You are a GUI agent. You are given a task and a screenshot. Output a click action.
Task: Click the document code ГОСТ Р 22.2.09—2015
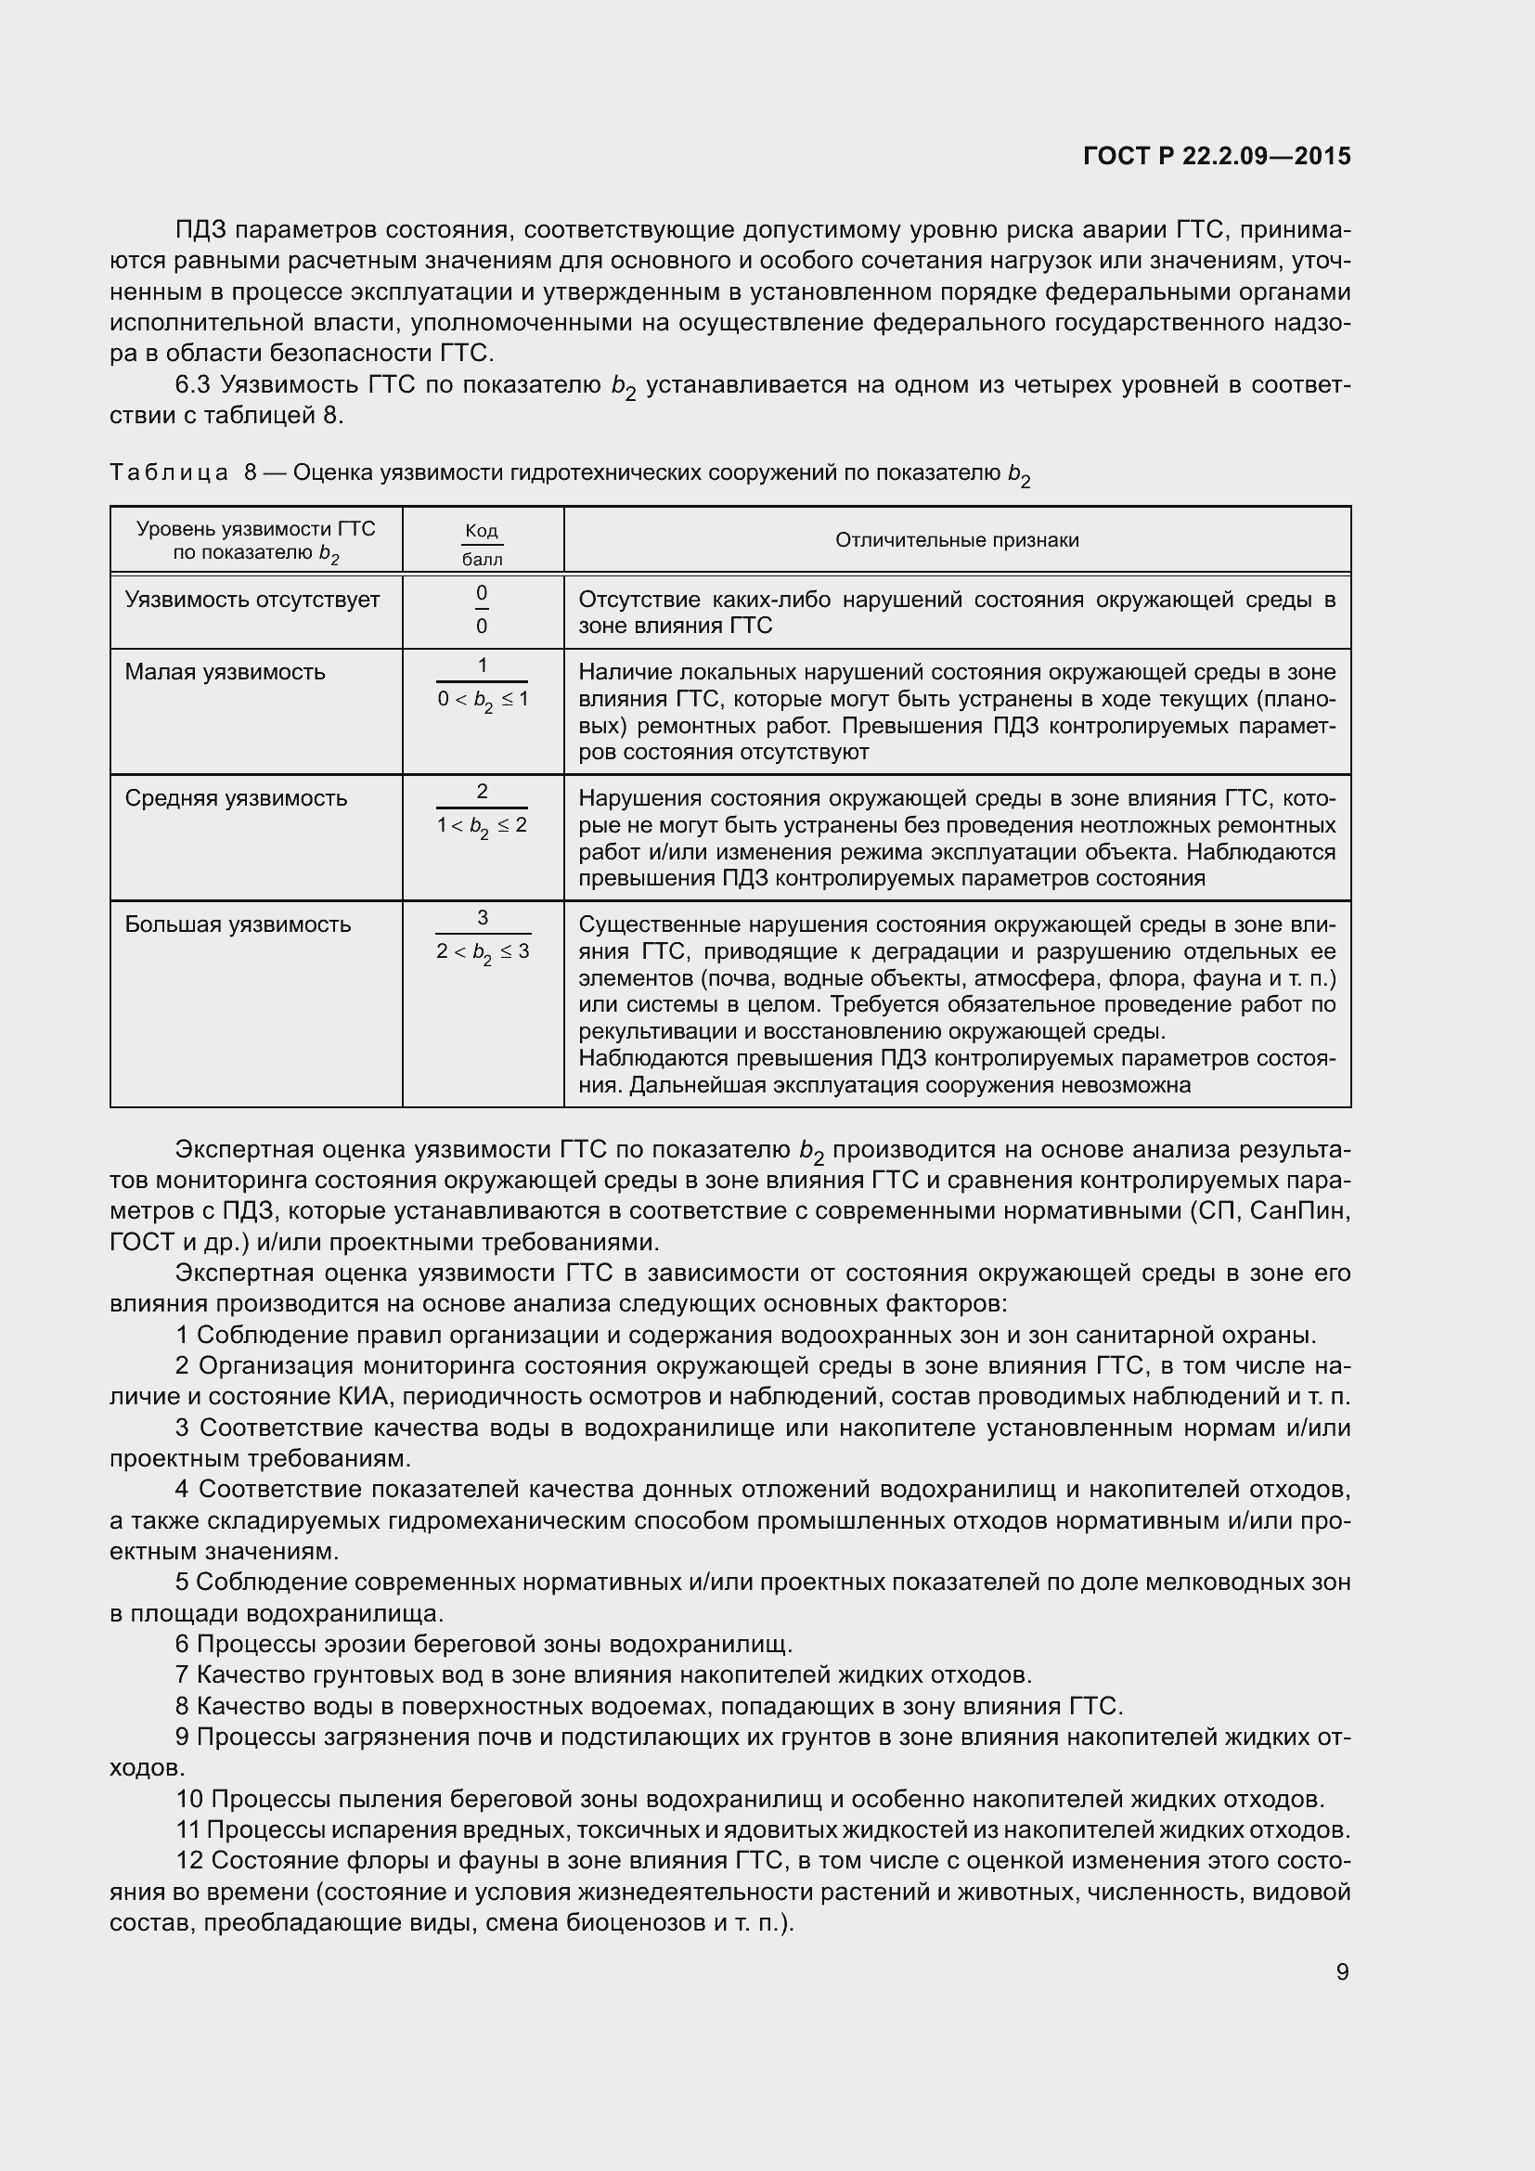1217,156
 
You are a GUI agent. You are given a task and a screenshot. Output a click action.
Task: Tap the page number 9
1342,1971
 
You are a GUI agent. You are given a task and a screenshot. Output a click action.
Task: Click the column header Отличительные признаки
957,540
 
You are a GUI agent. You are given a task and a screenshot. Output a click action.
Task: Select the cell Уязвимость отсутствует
252,600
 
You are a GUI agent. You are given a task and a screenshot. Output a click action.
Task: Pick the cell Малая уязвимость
225,672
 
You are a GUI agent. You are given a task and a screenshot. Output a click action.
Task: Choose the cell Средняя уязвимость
237,798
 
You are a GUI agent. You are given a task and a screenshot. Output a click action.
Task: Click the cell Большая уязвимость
239,924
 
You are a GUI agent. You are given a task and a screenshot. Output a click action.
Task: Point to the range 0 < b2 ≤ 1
482,701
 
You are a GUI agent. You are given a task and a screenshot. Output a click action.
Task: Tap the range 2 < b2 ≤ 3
482,952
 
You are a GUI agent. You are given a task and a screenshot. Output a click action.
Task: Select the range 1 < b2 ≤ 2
482,826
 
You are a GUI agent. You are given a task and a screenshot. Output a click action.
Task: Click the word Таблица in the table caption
168,472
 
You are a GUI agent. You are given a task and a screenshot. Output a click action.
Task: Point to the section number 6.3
196,385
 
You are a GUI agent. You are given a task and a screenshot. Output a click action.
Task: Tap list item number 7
183,1674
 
